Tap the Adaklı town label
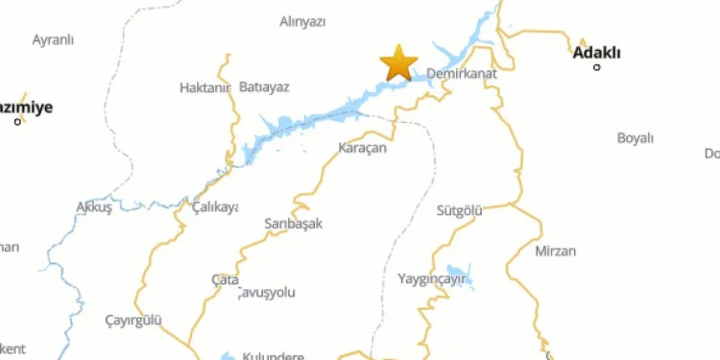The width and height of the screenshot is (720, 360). pyautogui.click(x=596, y=53)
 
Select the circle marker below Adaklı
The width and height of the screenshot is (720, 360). pyautogui.click(x=597, y=67)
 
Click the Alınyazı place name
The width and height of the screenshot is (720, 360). pyautogui.click(x=302, y=22)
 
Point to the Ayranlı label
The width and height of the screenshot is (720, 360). pyautogui.click(x=53, y=40)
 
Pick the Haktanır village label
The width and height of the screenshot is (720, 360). pyautogui.click(x=205, y=87)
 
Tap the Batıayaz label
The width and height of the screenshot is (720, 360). pyautogui.click(x=263, y=87)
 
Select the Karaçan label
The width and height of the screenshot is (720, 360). pyautogui.click(x=362, y=148)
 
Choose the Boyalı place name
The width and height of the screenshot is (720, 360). pyautogui.click(x=635, y=138)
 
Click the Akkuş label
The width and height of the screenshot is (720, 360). pyautogui.click(x=94, y=206)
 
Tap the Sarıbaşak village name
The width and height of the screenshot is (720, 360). pyautogui.click(x=293, y=224)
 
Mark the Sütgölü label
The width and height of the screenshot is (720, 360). pyautogui.click(x=459, y=209)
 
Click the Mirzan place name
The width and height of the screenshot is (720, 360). pyautogui.click(x=555, y=252)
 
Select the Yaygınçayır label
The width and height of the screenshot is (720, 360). pyautogui.click(x=431, y=279)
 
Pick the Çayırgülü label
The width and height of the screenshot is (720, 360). pyautogui.click(x=133, y=320)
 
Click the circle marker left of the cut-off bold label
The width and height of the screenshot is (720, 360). pyautogui.click(x=17, y=121)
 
